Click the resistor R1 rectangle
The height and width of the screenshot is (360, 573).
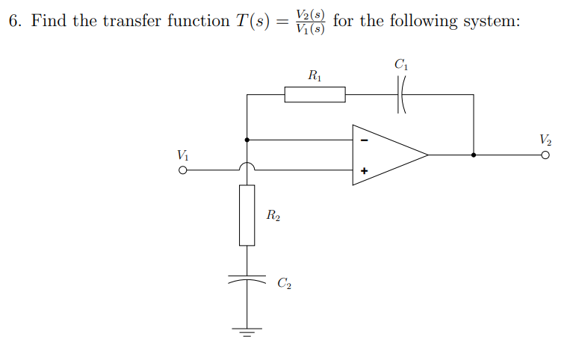click(x=315, y=95)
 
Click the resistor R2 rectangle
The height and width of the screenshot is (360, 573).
click(x=247, y=215)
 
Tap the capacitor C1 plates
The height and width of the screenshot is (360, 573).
click(x=401, y=95)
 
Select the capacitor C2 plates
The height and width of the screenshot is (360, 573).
click(x=247, y=278)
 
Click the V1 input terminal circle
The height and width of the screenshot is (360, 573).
click(x=182, y=170)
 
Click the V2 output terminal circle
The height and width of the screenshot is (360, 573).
click(x=546, y=155)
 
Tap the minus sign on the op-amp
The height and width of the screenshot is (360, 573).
click(x=365, y=140)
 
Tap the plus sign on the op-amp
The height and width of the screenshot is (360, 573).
click(x=365, y=171)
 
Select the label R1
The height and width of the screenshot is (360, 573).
click(x=315, y=75)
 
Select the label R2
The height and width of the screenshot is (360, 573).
click(x=273, y=216)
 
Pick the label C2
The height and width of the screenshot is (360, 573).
click(x=284, y=283)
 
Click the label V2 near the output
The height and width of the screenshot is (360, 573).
click(x=545, y=139)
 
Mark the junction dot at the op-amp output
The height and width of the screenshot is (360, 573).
click(x=474, y=155)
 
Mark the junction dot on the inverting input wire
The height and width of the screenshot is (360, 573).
click(x=247, y=139)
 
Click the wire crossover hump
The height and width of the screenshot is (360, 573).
click(x=247, y=166)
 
